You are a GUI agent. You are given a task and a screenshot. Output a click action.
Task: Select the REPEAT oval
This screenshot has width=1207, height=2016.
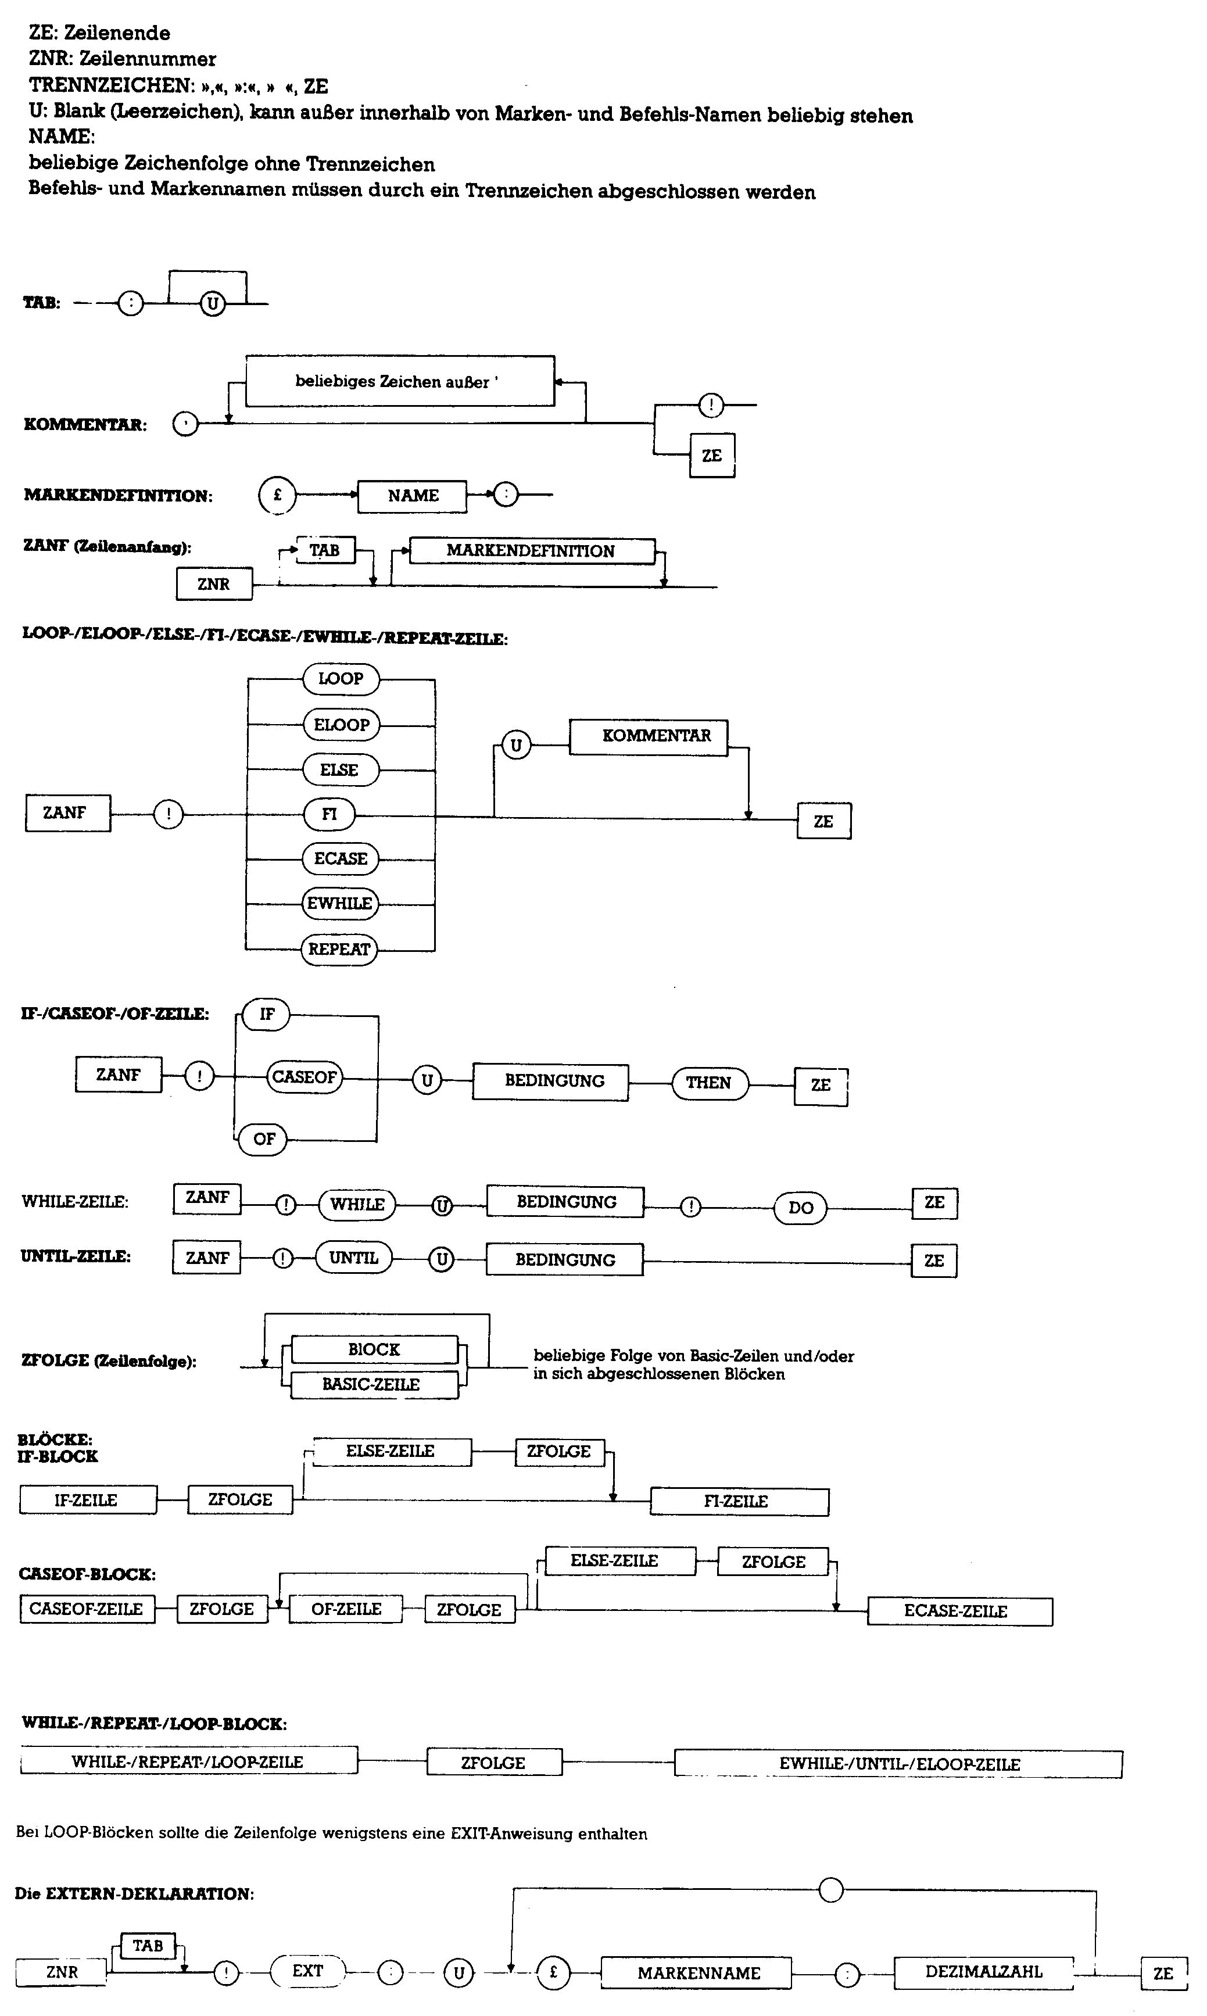pos(339,949)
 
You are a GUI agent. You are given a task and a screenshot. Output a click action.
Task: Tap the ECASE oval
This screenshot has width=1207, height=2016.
pos(341,858)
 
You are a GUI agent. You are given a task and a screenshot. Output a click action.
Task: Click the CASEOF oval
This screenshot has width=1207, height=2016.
pos(304,1077)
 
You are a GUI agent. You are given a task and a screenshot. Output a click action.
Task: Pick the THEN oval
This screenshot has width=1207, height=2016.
pos(709,1083)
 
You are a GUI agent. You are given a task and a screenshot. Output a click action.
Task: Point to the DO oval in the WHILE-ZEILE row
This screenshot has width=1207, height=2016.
pos(800,1208)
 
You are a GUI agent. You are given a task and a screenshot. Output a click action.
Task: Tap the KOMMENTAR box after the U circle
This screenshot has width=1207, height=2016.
pos(648,737)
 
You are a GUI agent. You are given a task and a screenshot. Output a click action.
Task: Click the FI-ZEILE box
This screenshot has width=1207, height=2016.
pos(739,1501)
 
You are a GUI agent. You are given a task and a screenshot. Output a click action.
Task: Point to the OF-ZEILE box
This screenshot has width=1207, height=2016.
pos(346,1609)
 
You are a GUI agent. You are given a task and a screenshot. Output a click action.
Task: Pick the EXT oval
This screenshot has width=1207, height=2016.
pos(308,1971)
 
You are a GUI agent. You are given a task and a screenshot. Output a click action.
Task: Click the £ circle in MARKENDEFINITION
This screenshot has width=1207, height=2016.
pos(277,495)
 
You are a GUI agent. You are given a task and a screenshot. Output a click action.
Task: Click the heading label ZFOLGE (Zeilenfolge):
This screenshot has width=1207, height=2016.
pos(109,1360)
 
